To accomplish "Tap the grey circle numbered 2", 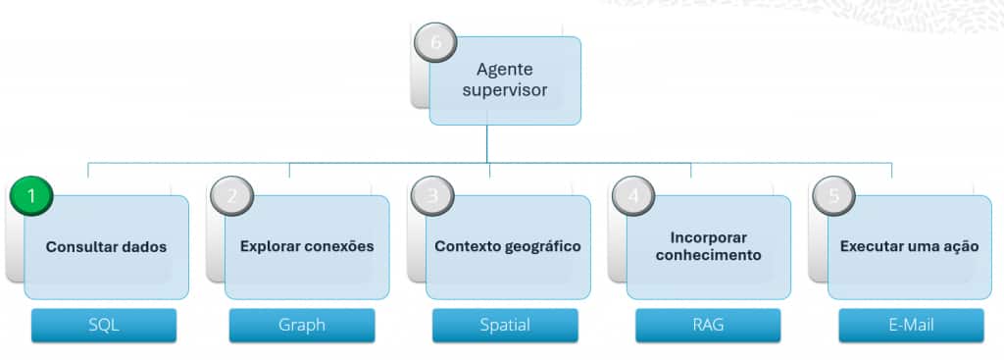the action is coord(231,196).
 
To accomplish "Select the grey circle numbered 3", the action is coord(432,196).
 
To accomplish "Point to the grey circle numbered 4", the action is coord(633,196).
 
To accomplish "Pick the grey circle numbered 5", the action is coord(834,196).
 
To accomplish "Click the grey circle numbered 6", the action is coord(436,42).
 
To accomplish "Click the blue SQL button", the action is coord(104,326).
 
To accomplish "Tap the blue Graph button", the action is coord(302,326).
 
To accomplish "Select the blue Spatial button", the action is coord(505,326).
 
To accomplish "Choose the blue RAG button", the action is coord(708,326).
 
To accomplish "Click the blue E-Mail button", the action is coord(911,326).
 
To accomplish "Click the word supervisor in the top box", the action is coord(505,91).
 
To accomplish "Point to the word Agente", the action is coord(505,70).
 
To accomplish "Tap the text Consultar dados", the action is coord(106,246).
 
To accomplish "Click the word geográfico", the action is coord(544,247).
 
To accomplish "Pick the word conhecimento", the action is coord(708,255).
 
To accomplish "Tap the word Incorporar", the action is coord(708,237).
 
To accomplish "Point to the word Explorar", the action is coord(269,247).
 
